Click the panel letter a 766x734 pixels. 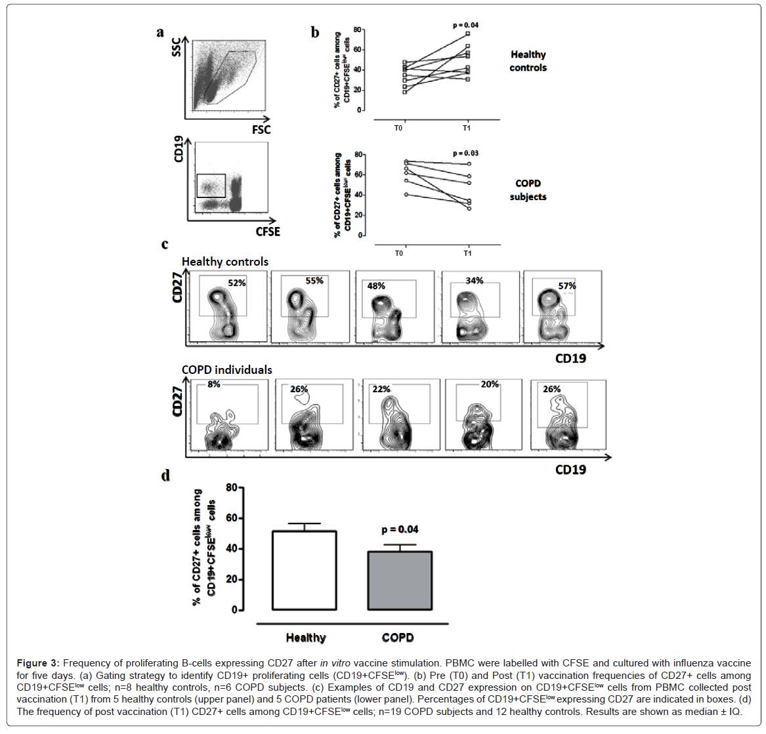(x=160, y=32)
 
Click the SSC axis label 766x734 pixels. (x=177, y=47)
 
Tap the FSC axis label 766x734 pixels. (x=261, y=130)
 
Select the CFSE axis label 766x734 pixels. (x=268, y=232)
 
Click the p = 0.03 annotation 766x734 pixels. (x=465, y=153)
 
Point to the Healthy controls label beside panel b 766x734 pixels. (x=528, y=61)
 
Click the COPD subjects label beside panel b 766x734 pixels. (x=528, y=190)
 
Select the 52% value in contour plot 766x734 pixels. (x=237, y=283)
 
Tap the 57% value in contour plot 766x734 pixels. (x=567, y=286)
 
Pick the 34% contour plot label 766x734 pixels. (x=475, y=281)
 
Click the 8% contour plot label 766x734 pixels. (x=214, y=384)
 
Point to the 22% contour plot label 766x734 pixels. (x=381, y=389)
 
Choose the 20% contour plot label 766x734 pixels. (x=490, y=384)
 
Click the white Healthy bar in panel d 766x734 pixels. (x=305, y=571)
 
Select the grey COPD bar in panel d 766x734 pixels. (x=399, y=581)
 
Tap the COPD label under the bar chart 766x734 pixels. (x=398, y=638)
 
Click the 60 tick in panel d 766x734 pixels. (x=231, y=518)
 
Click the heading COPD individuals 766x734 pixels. (x=226, y=370)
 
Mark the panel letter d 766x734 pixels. (x=166, y=475)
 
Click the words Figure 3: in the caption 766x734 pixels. (x=38, y=663)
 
